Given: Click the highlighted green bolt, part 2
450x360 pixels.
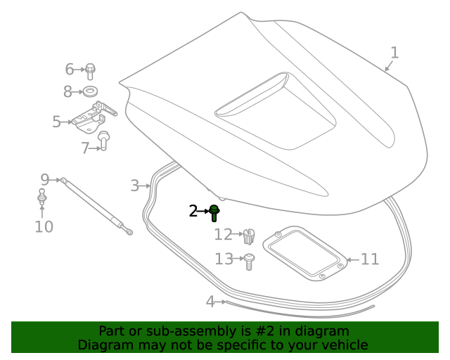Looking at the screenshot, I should click(214, 212).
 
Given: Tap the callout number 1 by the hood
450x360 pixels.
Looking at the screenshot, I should click(394, 53).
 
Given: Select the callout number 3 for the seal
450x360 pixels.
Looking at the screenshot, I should click(134, 186).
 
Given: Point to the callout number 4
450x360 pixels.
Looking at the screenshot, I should click(210, 302).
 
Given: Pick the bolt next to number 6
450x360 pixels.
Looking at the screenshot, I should click(91, 70).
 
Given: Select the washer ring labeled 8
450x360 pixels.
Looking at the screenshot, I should click(90, 91).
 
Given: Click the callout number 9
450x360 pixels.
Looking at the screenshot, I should click(44, 179).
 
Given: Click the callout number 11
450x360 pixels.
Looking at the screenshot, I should click(370, 259).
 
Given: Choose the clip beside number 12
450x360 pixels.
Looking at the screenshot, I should click(248, 236).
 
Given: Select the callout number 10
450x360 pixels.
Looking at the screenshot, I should click(44, 226).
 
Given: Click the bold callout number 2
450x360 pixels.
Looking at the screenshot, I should click(193, 211).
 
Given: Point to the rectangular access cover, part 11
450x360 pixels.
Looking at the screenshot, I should click(304, 253).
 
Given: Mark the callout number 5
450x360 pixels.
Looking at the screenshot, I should click(56, 122).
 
